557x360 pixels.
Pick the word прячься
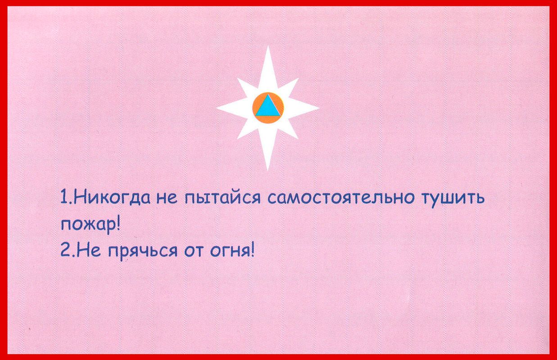143,252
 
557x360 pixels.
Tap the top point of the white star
268,46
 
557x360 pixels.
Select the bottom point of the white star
268,171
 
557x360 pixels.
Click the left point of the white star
217,108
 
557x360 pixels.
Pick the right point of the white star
319,108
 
